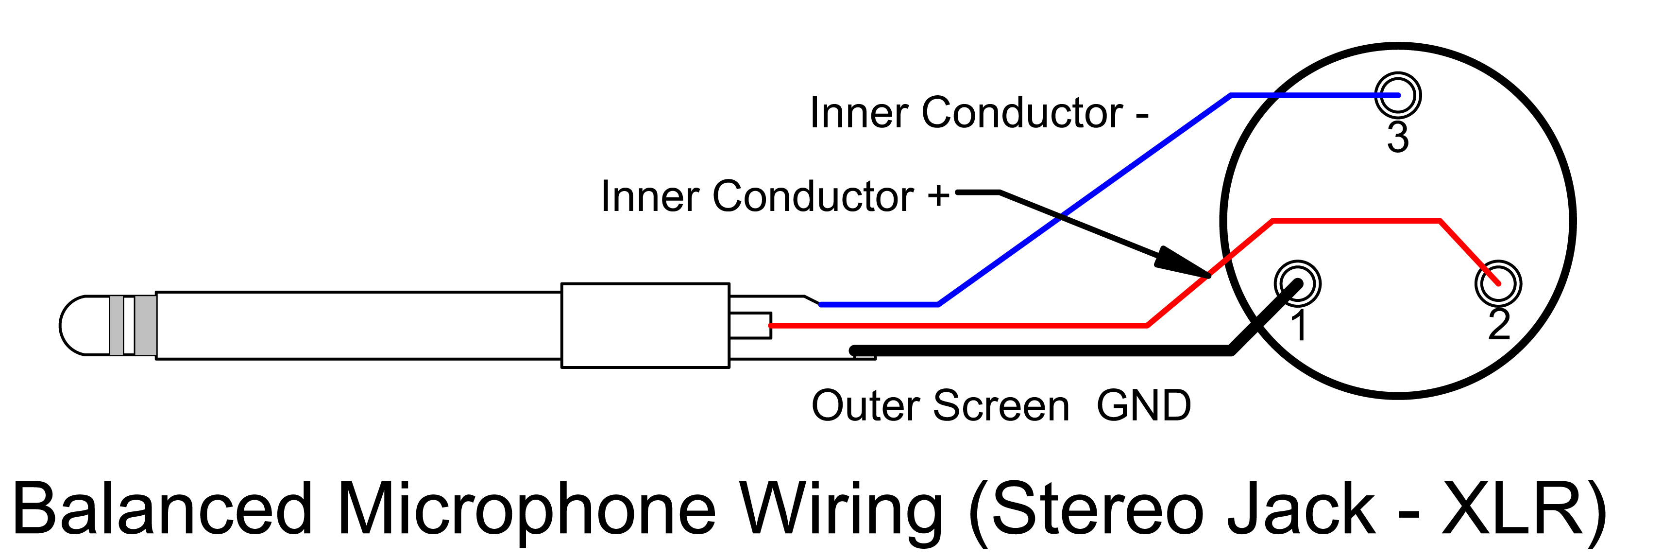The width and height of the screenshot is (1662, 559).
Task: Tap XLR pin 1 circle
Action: coord(1297,283)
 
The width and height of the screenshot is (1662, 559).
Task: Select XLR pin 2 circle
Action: coord(1498,283)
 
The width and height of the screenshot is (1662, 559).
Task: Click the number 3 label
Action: coord(1398,138)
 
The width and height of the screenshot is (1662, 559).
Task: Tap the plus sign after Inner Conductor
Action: coord(939,195)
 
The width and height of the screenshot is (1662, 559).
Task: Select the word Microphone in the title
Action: coord(526,510)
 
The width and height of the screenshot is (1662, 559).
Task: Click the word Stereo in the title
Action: coord(1097,510)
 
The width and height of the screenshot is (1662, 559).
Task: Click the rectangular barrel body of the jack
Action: coord(645,325)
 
